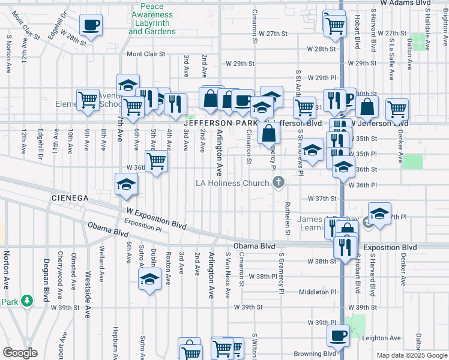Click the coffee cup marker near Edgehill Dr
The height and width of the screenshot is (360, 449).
point(91,25)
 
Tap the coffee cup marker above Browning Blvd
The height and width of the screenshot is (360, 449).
point(338,335)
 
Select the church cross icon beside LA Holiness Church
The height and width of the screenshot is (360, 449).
point(278,182)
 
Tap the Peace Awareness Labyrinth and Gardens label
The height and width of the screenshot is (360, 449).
point(152,18)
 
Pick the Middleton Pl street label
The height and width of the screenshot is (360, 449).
point(318,292)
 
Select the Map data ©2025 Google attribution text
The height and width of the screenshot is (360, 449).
point(412,355)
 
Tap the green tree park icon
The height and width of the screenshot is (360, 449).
point(26,299)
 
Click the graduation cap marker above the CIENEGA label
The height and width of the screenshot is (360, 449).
point(127,184)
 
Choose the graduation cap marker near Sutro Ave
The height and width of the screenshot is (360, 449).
point(149,278)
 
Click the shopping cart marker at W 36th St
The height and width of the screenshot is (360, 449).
point(156,160)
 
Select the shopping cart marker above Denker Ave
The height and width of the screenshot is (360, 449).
point(397,109)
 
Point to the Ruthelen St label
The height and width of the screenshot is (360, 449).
point(288,219)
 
